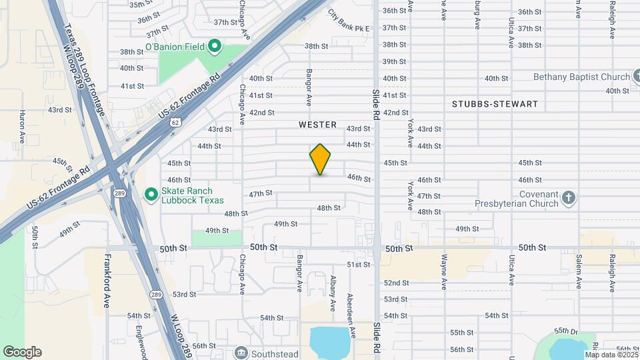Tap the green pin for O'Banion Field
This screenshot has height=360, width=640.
[x=214, y=46]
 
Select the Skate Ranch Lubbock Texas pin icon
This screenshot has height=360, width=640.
[x=151, y=195]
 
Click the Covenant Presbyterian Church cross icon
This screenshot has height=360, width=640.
[x=567, y=197]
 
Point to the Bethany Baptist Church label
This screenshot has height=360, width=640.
[x=581, y=77]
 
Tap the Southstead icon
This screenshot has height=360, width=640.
[x=241, y=352]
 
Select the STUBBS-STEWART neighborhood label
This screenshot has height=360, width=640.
[x=495, y=105]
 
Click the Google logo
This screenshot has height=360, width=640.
[x=22, y=352]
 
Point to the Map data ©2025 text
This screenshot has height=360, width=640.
[x=610, y=355]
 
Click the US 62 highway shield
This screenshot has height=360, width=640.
[x=175, y=123]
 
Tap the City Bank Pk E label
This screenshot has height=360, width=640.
[x=348, y=21]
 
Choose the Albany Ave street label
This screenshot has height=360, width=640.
[x=332, y=293]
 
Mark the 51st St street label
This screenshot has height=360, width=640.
[x=358, y=265]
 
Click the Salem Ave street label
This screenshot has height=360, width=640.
[x=579, y=271]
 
